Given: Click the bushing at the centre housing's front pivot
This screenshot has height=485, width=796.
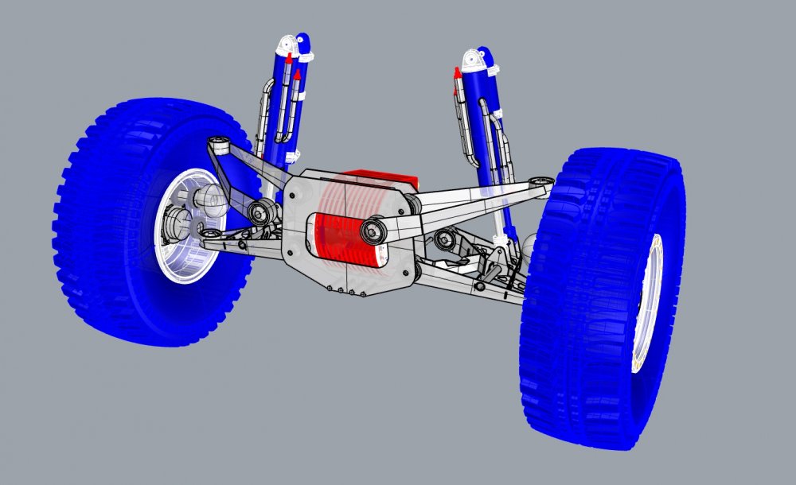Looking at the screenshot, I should [x=373, y=231].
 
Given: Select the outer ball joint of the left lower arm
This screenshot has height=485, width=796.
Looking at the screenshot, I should [x=210, y=234].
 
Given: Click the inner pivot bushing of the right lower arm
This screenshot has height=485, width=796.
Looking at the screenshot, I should [x=445, y=239].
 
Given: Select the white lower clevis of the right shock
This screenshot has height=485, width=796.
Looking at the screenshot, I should [x=499, y=236].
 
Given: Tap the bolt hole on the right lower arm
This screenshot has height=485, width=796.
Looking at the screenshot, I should [x=479, y=285].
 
